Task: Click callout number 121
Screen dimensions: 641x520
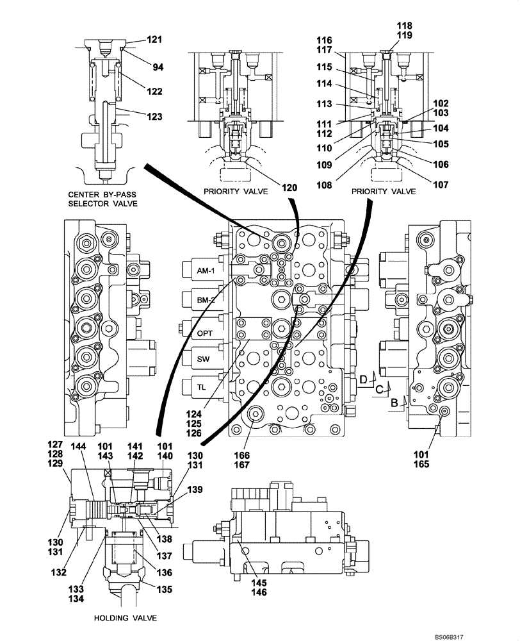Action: tap(154, 40)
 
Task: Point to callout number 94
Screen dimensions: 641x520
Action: tap(157, 64)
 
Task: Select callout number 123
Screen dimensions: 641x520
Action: tap(154, 117)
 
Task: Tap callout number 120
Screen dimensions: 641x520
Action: tap(291, 188)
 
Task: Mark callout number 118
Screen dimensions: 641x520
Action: tap(405, 26)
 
